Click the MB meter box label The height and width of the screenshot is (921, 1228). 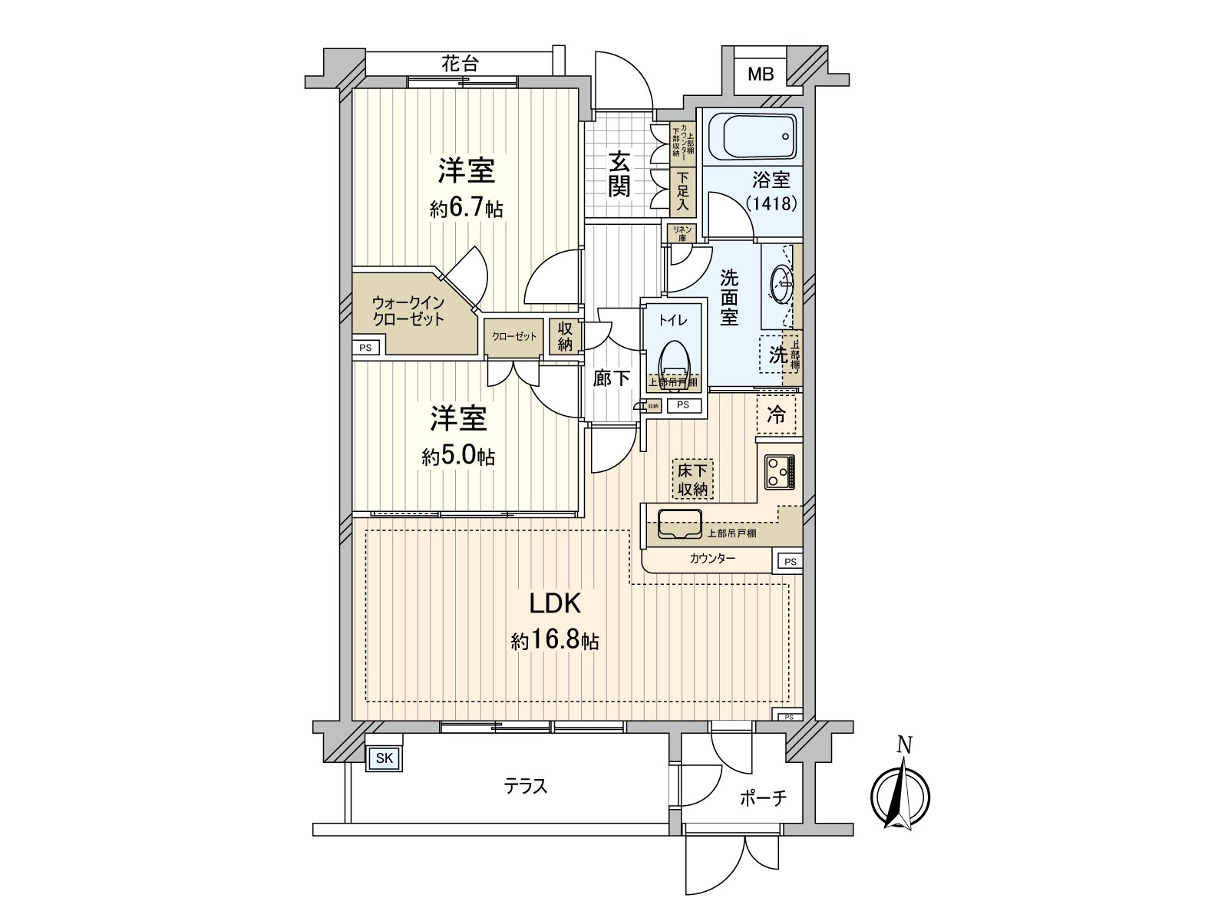pyautogui.click(x=761, y=74)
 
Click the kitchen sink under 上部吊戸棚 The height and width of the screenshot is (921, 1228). pyautogui.click(x=679, y=523)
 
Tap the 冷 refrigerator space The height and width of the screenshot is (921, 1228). pyautogui.click(x=777, y=415)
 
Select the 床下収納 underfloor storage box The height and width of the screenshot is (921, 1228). pyautogui.click(x=692, y=479)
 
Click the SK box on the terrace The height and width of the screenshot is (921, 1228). pyautogui.click(x=385, y=759)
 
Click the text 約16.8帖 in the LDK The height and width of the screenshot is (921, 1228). pyautogui.click(x=556, y=641)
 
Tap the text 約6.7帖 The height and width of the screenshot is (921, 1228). pyautogui.click(x=467, y=208)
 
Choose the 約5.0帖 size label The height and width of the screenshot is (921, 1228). pyautogui.click(x=458, y=457)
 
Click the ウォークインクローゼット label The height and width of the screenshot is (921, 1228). pyautogui.click(x=408, y=311)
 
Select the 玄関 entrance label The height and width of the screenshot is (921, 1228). pyautogui.click(x=619, y=174)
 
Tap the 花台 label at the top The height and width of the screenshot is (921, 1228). pyautogui.click(x=460, y=64)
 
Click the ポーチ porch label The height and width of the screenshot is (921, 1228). pyautogui.click(x=763, y=798)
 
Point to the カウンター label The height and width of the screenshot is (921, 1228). pyautogui.click(x=711, y=559)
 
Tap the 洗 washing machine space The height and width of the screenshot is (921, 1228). pyautogui.click(x=777, y=355)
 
